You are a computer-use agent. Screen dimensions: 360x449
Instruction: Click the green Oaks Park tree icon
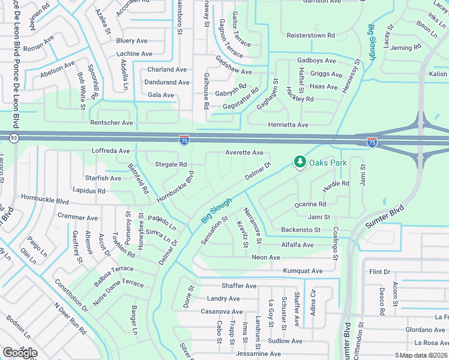click(299, 162)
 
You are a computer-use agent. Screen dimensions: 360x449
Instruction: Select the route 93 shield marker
click(13, 139)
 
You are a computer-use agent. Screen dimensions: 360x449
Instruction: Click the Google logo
click(20, 353)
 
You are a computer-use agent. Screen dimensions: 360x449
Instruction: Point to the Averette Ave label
click(244, 153)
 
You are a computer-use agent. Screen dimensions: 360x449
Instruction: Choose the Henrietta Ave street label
click(288, 125)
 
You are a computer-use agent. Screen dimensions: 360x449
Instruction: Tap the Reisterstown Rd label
click(310, 35)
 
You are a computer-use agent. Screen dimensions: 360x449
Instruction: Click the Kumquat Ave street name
click(303, 271)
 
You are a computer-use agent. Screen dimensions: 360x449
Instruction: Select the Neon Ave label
click(266, 257)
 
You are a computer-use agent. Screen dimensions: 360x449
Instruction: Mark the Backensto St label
click(301, 230)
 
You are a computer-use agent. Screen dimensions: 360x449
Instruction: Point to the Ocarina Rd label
click(310, 205)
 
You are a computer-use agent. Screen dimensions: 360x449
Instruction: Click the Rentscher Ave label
click(112, 123)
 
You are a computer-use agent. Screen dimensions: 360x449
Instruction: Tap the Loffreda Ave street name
click(110, 151)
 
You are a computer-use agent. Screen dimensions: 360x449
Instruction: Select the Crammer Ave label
click(77, 217)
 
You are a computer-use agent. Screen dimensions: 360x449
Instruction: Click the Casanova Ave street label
click(221, 312)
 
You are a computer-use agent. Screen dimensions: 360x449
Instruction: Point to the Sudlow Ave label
click(286, 341)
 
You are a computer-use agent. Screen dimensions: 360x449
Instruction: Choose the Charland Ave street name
click(168, 70)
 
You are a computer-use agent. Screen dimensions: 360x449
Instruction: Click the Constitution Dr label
click(71, 295)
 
